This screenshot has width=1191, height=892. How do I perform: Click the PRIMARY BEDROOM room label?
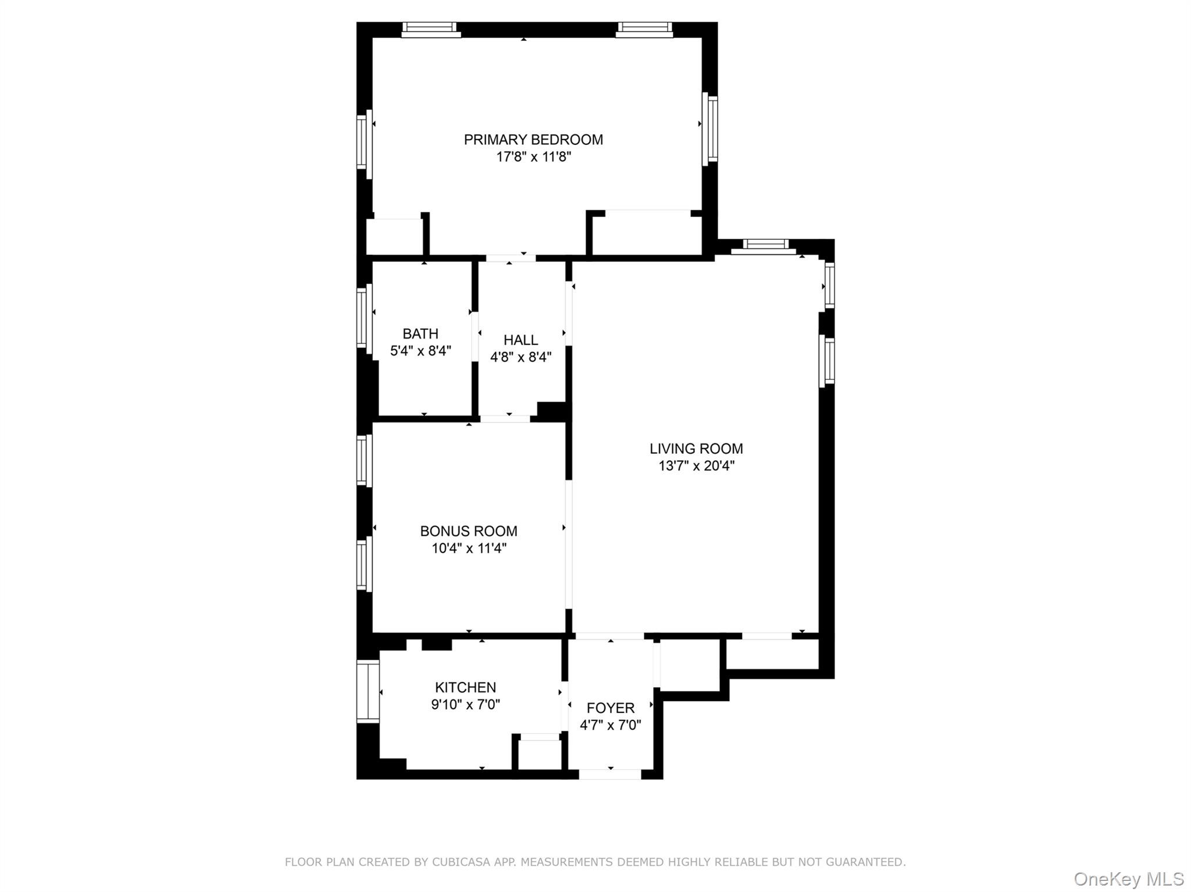(533, 140)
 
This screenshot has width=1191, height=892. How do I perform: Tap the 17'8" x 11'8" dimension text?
(533, 157)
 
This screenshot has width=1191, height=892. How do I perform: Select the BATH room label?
(420, 334)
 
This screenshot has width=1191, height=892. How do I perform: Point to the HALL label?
(520, 340)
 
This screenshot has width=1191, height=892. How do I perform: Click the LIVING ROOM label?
(696, 449)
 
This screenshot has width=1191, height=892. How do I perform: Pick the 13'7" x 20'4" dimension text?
(696, 466)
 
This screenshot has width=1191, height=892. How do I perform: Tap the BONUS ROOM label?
(469, 531)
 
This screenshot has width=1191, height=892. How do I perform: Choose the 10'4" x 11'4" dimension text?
(469, 548)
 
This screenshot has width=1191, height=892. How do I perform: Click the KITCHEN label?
(465, 687)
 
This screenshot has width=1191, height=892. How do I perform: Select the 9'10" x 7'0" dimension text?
(465, 705)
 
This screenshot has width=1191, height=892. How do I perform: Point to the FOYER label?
(610, 708)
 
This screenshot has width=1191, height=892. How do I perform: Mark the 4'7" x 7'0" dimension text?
(610, 725)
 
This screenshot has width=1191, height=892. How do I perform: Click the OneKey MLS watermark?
(1128, 879)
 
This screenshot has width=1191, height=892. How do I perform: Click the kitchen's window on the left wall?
(368, 692)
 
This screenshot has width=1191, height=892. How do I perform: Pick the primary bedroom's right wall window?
(710, 129)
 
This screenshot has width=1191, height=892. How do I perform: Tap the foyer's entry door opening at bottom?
(610, 774)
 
